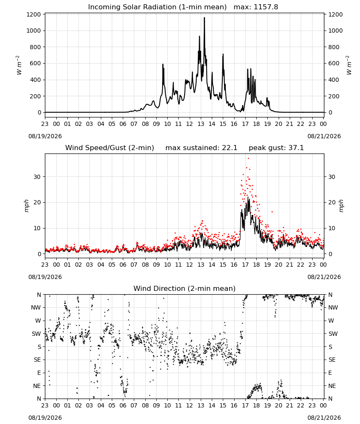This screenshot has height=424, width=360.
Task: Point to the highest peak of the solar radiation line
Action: tap(204, 18)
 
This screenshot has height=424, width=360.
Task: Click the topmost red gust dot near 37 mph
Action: tap(248, 159)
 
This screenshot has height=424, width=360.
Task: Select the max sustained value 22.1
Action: tap(230, 148)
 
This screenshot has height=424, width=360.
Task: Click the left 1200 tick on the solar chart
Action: tap(33, 14)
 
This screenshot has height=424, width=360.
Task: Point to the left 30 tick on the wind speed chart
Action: tap(37, 177)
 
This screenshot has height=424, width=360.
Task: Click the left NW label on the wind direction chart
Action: tap(36, 307)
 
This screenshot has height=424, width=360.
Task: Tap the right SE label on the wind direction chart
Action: tap(332, 360)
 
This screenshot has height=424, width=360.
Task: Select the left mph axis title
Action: tap(26, 206)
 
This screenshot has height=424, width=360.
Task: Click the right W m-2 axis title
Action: tap(349, 65)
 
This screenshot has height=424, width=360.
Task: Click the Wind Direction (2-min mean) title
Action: tap(185, 288)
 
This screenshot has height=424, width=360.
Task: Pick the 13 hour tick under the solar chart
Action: tap(201, 124)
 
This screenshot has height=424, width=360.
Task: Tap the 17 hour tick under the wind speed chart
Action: tap(245, 265)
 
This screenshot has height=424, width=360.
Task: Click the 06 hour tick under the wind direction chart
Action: tap(123, 405)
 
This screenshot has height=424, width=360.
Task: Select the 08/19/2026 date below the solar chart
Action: tap(45, 136)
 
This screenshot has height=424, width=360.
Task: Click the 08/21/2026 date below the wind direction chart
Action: tap(324, 418)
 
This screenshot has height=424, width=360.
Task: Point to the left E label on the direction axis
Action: tap(39, 373)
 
